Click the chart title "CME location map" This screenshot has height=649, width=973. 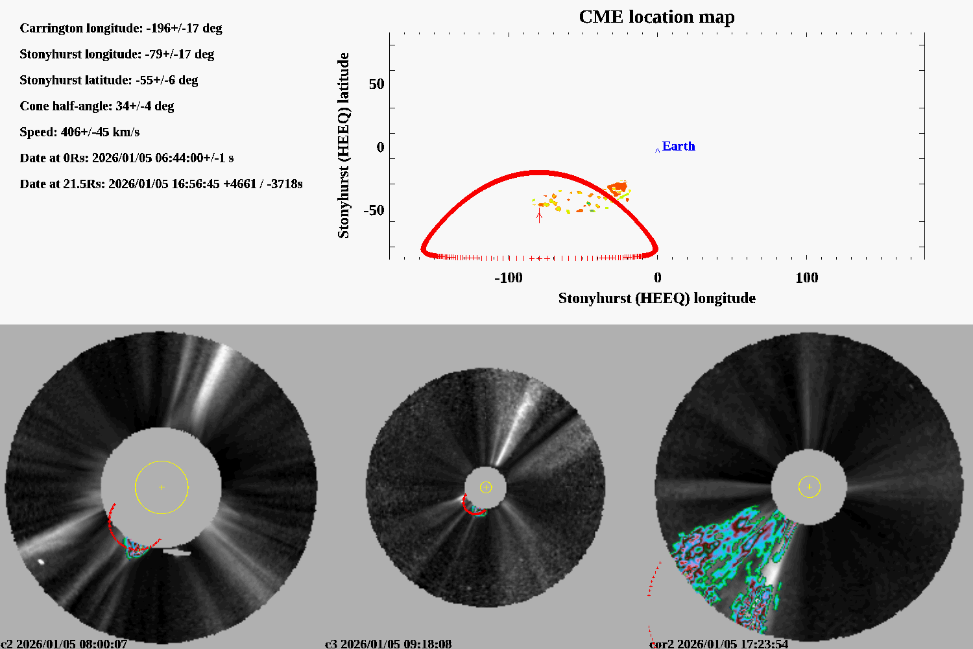(x=656, y=17)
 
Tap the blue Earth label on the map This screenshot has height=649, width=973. (x=678, y=147)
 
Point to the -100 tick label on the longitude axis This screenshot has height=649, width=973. (x=508, y=278)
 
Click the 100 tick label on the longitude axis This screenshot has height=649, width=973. (x=806, y=278)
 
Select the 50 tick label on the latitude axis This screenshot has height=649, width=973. (x=376, y=84)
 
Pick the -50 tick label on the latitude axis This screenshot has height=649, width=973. (x=373, y=210)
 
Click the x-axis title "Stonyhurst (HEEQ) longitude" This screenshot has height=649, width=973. (x=656, y=298)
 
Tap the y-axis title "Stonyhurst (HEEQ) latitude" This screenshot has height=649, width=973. (x=343, y=145)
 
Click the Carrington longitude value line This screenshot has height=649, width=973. (x=121, y=29)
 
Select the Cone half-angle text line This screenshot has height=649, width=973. (x=97, y=106)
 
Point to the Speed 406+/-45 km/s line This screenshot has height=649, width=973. (x=79, y=132)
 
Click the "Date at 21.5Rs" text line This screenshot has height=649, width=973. (x=161, y=184)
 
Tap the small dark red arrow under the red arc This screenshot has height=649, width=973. (x=539, y=216)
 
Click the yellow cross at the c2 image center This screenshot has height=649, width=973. (x=162, y=487)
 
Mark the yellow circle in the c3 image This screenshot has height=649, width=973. (x=486, y=487)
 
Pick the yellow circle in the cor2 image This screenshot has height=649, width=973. (x=810, y=487)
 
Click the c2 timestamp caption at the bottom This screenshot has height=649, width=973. (x=64, y=644)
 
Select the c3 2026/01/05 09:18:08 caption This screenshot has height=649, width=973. (x=388, y=644)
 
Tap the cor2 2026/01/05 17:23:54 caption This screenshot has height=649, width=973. (x=719, y=644)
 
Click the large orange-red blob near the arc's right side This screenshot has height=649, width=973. (x=618, y=189)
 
